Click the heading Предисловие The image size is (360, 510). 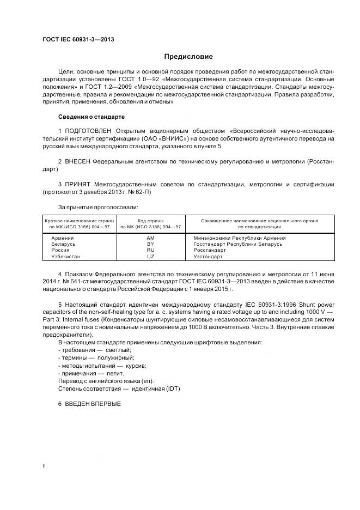[188, 57]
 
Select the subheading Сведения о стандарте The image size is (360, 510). [91, 117]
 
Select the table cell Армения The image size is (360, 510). [62, 238]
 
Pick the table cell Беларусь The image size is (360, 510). [63, 244]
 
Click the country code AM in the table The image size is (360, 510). [151, 238]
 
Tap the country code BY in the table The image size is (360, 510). [151, 244]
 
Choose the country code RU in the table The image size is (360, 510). [151, 250]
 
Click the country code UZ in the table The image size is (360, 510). [151, 256]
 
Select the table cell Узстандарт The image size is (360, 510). [208, 256]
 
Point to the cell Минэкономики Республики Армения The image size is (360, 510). [239, 238]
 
